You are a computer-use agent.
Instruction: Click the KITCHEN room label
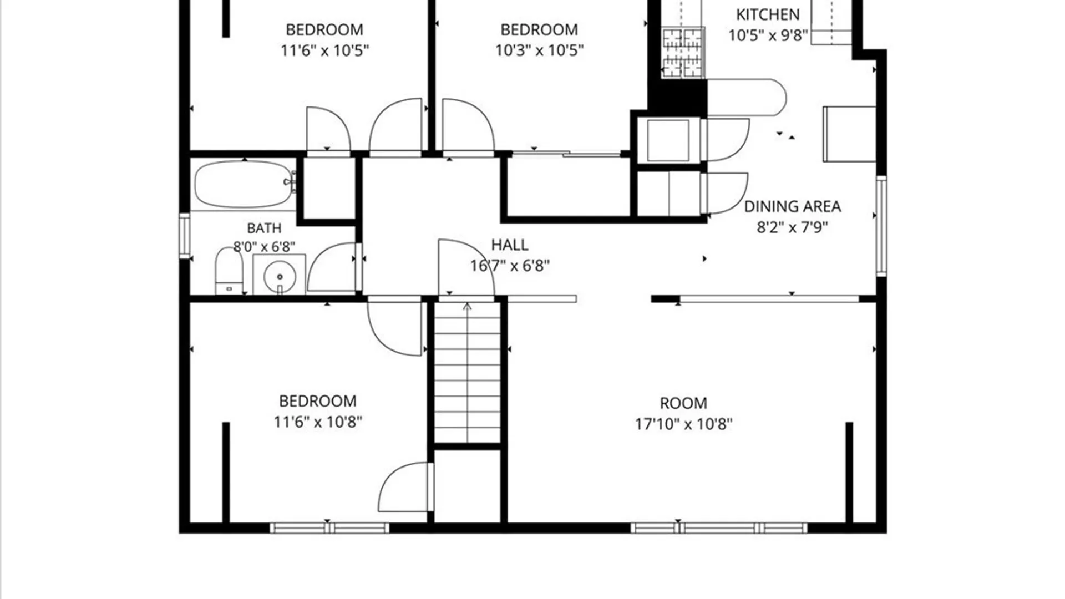768,14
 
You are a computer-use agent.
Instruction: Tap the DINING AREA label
792,206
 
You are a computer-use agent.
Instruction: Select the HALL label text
509,245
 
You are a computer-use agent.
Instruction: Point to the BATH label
264,228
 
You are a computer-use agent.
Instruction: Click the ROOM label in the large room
683,403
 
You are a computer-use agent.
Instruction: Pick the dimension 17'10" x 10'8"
683,424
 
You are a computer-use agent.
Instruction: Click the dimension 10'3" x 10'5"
539,50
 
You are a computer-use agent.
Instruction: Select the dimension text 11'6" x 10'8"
318,422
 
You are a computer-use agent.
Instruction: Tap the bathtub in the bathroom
244,184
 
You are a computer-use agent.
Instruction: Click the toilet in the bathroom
229,271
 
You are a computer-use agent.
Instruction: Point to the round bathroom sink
280,276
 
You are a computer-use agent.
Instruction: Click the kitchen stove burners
683,53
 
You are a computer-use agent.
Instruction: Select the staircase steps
467,372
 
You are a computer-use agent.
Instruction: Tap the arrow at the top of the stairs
467,307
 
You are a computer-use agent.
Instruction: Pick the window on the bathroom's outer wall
185,236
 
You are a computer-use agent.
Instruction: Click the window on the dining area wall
881,226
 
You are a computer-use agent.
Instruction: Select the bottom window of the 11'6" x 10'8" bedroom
329,528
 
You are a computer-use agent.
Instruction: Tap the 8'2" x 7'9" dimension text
792,227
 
